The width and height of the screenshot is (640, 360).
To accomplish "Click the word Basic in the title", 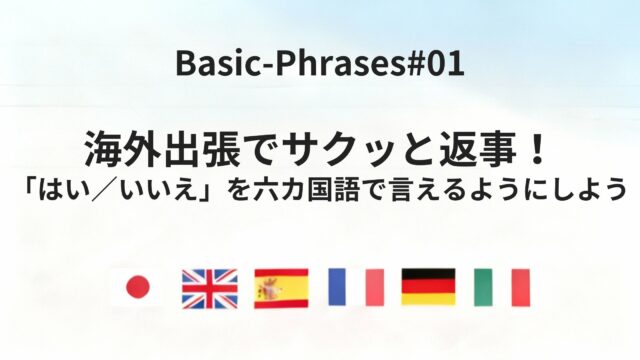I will [x=206, y=65].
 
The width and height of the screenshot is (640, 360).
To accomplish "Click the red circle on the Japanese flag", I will [x=137, y=288].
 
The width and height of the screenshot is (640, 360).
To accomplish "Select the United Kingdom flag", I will [x=209, y=288].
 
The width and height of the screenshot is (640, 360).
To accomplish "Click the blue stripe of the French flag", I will [x=337, y=288].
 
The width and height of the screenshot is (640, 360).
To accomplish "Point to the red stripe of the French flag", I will [x=374, y=288].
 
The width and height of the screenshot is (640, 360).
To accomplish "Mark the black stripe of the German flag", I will [x=428, y=274].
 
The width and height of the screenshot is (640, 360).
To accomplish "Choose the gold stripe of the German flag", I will [x=428, y=300].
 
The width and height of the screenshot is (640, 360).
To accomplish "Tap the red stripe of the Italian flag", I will [x=520, y=288].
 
